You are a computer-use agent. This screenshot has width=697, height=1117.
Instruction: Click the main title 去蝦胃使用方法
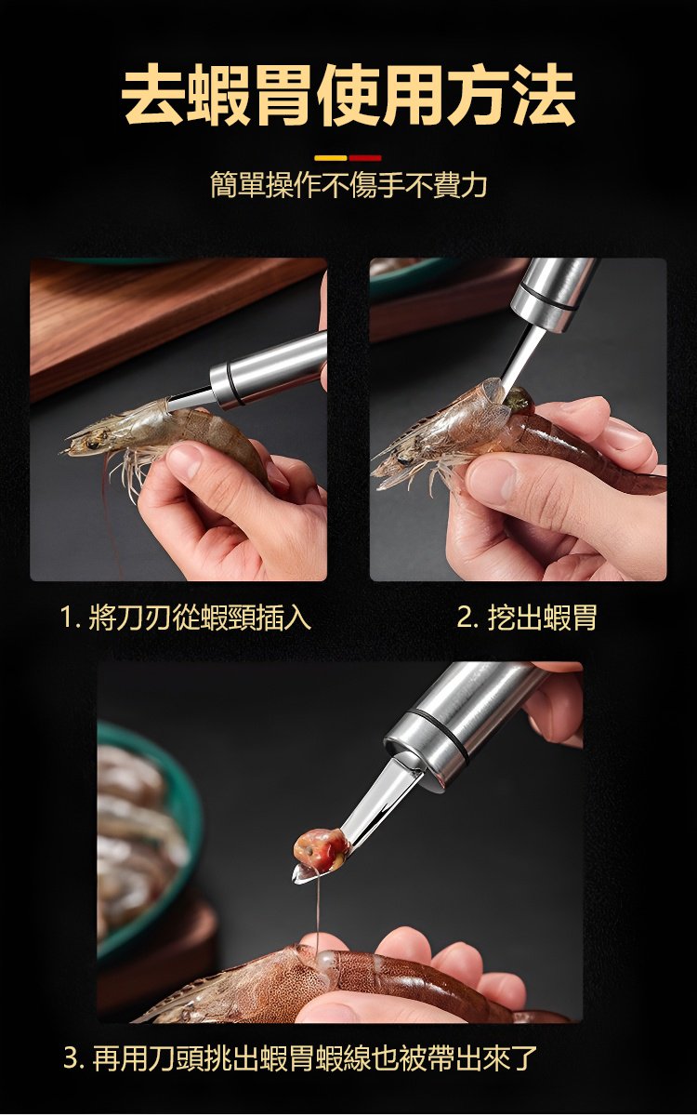(x=348, y=95)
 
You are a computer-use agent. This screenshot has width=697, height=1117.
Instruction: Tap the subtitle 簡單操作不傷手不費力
(x=348, y=184)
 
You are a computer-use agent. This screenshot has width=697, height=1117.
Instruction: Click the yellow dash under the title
(x=331, y=158)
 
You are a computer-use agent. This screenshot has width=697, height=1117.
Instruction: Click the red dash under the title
(x=365, y=158)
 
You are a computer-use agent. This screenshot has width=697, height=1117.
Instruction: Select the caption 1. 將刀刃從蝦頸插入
(x=185, y=617)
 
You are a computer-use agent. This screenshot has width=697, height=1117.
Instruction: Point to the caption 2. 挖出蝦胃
(x=527, y=617)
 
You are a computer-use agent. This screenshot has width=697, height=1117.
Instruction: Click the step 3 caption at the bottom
(x=300, y=1057)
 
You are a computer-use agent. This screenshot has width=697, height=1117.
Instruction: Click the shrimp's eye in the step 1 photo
(x=92, y=443)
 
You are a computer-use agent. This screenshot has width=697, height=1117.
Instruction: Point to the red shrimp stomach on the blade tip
(x=321, y=850)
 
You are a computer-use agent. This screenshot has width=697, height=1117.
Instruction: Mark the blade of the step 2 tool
(x=519, y=354)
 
